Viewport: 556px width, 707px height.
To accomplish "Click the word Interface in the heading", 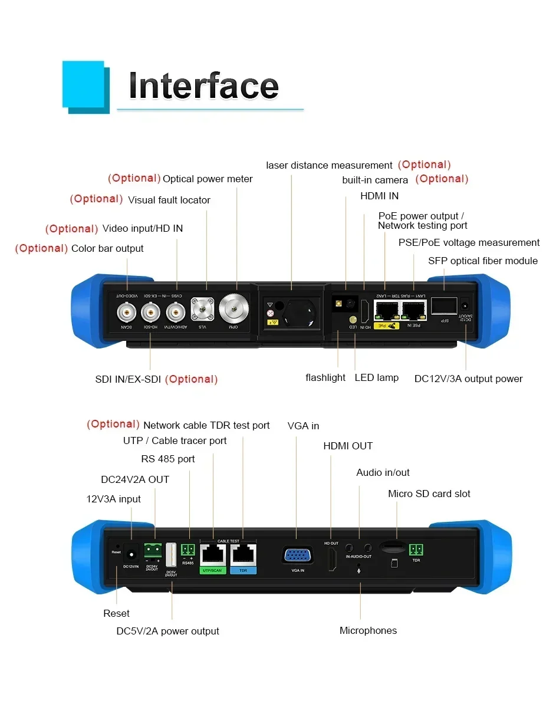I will pos(203,86).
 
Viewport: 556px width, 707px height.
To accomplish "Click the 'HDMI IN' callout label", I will pos(379,196).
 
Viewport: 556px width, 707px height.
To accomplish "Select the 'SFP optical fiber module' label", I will pos(482,261).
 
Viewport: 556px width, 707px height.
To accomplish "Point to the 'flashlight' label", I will pos(325,377).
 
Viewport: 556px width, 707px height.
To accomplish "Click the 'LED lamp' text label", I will pos(376,377).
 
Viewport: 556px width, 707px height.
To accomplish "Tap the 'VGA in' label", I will pos(303,426).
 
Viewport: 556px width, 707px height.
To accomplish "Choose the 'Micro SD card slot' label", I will pos(429,494).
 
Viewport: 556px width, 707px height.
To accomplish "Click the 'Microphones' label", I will pos(368,630).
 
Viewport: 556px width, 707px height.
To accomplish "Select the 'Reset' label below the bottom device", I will pos(116,613).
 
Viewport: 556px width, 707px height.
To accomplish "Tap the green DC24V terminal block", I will pos(153,550).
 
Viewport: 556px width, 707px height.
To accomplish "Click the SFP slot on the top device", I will pos(443,305).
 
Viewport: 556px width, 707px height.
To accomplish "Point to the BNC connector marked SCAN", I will pos(125,310).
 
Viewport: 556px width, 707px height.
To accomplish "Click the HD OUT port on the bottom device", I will pos(331,558).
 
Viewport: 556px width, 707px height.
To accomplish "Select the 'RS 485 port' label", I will pos(167,458).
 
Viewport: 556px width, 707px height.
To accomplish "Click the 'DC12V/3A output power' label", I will pos(468,379).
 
